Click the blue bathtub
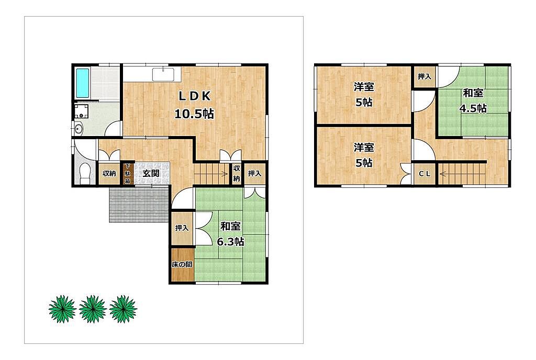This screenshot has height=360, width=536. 82,83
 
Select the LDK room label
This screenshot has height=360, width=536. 195,97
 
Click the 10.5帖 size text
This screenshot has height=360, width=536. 194,114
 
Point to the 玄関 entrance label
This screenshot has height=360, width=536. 151,173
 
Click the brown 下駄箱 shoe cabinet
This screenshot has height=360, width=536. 127,173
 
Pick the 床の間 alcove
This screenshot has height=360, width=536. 182,265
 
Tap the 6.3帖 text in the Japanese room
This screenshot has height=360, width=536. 231,242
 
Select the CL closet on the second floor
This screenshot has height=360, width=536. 425,174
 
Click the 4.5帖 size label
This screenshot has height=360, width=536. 473,108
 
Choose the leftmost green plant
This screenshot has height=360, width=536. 62,309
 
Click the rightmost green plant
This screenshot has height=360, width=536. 123,309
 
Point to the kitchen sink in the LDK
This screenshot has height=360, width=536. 163,74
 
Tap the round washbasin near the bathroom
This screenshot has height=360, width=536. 79,129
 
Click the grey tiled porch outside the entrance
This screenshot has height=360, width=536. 139,205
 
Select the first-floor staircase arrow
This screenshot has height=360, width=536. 211,174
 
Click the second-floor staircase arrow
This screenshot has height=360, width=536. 462,174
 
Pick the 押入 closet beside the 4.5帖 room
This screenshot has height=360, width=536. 425,76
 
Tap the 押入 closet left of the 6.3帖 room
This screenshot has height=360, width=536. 182,228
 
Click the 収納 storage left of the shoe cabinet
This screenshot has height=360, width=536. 109,173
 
